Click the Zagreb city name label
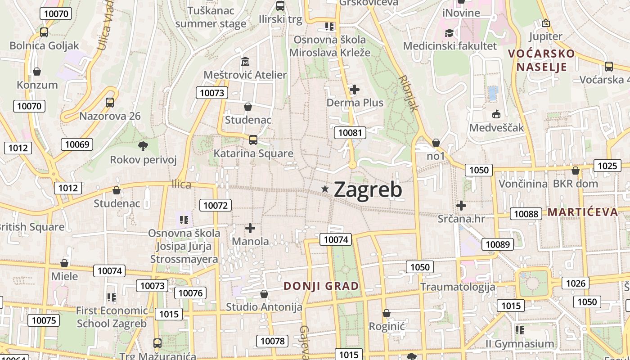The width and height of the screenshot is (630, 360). (x=368, y=189)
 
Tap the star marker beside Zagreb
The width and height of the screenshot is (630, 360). (x=325, y=189)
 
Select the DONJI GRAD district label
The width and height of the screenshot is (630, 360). (x=321, y=286)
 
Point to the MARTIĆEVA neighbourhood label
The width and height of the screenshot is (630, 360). (x=583, y=212)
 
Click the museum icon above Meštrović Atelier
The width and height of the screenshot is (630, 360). (x=245, y=61)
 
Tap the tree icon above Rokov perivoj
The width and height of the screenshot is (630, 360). (x=143, y=145)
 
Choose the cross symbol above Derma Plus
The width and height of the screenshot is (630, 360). (x=355, y=90)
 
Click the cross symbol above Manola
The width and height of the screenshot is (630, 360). (x=250, y=228)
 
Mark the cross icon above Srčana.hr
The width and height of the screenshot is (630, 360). (x=461, y=206)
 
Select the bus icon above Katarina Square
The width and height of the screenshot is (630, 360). (x=253, y=139)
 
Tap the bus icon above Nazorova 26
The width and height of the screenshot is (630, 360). (x=110, y=103)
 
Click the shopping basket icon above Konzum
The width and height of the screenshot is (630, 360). (x=37, y=72)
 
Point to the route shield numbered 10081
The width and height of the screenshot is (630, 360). (x=350, y=132)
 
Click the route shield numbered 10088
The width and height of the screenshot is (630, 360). (x=526, y=214)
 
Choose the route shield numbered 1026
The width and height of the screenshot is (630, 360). (x=576, y=283)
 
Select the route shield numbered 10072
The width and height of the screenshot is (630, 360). (x=216, y=206)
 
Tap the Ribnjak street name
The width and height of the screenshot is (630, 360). (x=408, y=93)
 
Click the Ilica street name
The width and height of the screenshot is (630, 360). (x=181, y=184)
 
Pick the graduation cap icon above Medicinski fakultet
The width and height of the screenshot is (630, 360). (x=449, y=33)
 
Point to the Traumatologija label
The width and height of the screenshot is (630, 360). (x=457, y=287)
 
